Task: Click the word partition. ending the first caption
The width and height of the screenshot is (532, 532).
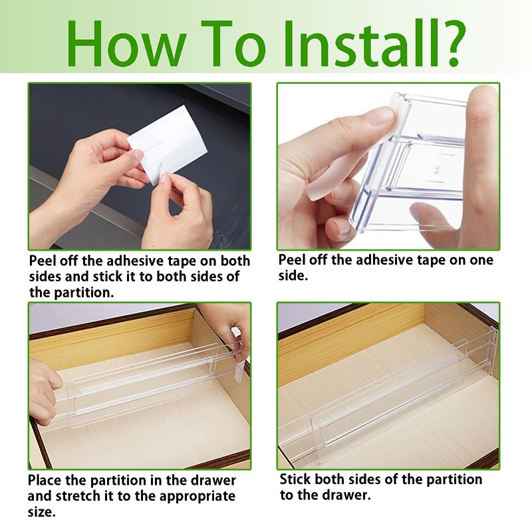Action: click(84, 293)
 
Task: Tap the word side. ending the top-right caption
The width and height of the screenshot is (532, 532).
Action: click(293, 275)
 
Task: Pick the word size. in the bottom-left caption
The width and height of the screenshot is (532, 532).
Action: click(41, 511)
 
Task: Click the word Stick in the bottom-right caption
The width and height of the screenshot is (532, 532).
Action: click(295, 479)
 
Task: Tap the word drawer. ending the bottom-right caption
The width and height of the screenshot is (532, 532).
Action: click(346, 495)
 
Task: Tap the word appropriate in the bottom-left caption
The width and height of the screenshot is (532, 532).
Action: click(197, 497)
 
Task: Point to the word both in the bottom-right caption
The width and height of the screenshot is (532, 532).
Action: click(330, 479)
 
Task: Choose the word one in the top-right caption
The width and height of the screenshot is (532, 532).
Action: click(481, 261)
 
